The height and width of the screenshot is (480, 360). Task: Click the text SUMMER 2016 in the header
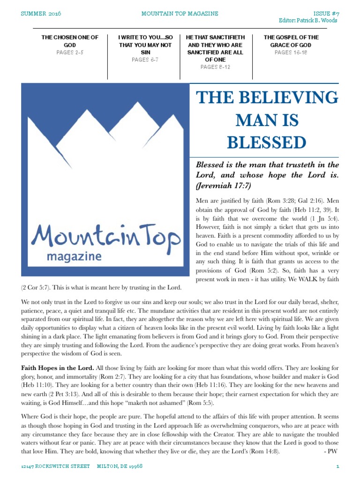[x=41, y=14]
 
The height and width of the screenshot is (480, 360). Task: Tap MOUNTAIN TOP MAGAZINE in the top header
[x=180, y=14]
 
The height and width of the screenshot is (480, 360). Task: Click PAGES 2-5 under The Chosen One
[x=70, y=52]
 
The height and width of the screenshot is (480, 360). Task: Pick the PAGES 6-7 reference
[x=145, y=60]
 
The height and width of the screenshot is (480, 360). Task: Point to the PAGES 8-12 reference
[x=215, y=67]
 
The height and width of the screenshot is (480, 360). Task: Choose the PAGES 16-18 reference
[x=291, y=52]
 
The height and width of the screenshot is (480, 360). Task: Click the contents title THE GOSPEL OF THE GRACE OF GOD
[x=291, y=41]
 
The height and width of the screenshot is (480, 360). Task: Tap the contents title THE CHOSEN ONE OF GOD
[x=70, y=41]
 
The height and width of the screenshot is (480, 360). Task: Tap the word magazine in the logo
[x=74, y=257]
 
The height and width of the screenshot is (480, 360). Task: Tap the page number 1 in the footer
[x=337, y=467]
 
